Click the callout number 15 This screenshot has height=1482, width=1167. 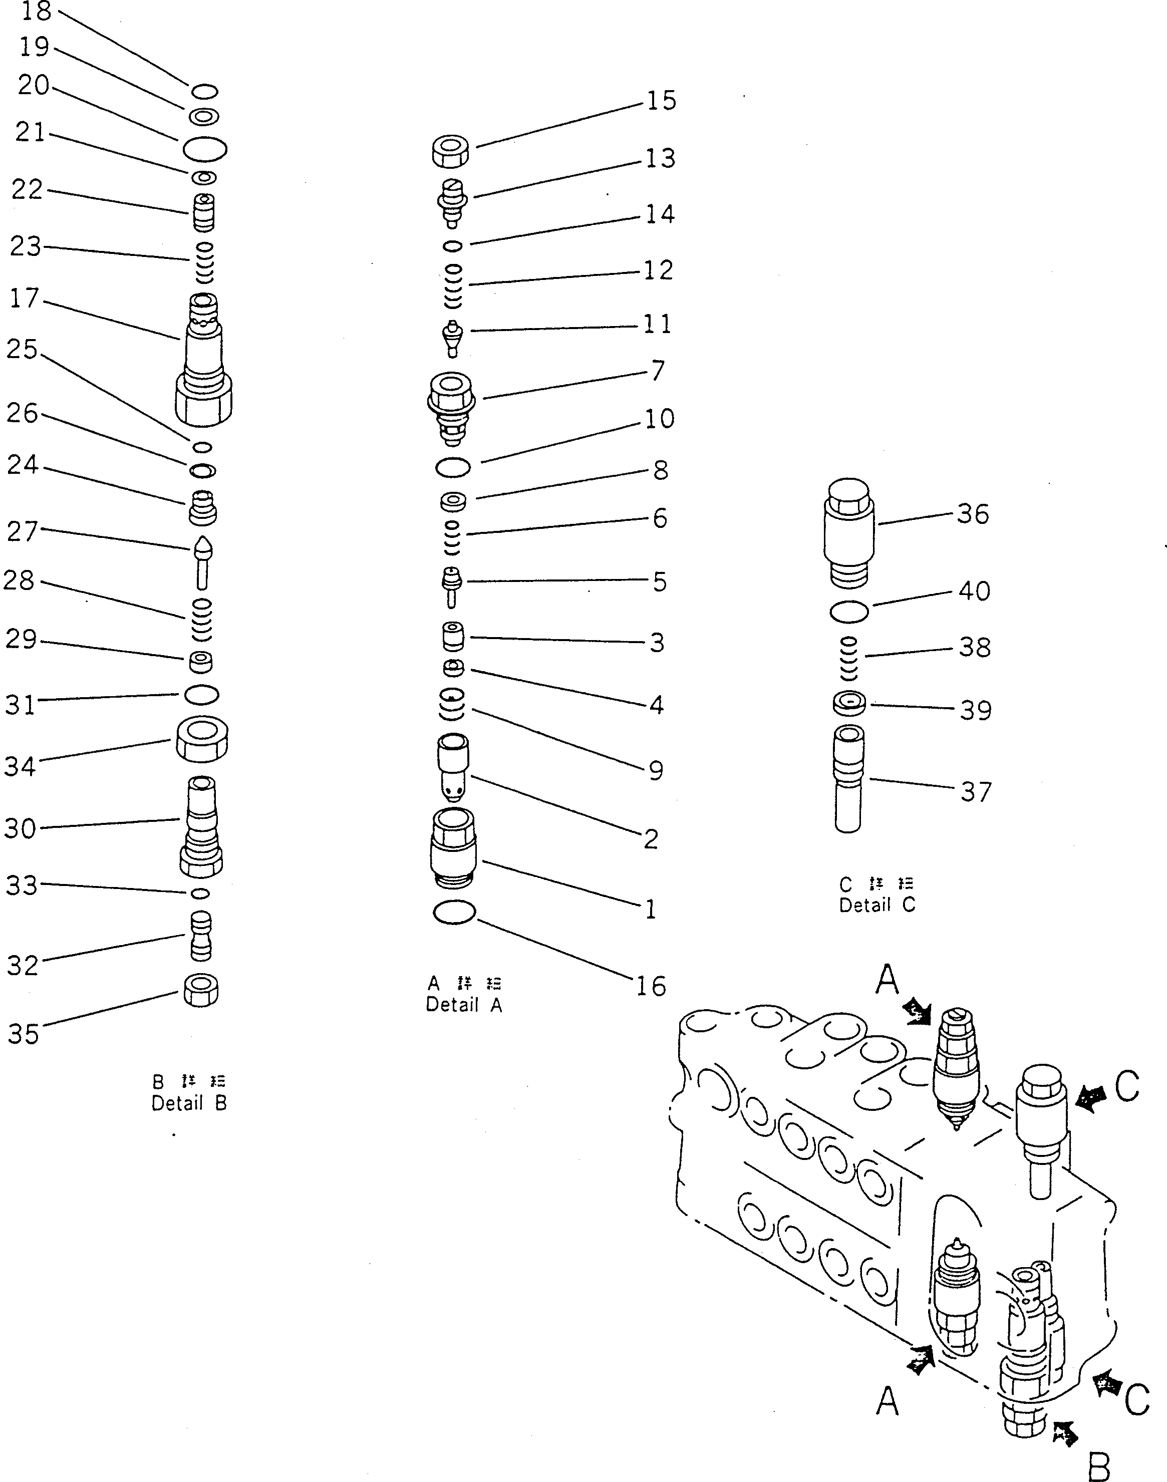(661, 101)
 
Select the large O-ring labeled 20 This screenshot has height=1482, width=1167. (205, 148)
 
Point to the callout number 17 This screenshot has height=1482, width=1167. (25, 299)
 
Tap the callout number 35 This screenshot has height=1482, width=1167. (23, 1034)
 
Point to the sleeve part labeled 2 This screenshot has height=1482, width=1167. (453, 767)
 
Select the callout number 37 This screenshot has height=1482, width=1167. (976, 792)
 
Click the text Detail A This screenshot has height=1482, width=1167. (464, 1005)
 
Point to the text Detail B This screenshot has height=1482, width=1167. (189, 1103)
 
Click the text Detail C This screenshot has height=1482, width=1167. (877, 906)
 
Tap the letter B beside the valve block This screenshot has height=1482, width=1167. (1098, 1464)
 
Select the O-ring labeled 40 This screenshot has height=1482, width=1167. (849, 612)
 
